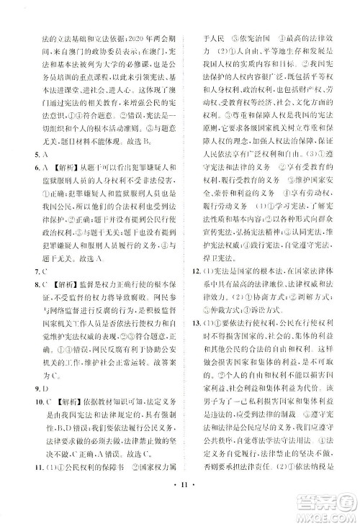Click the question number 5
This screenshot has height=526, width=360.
25,173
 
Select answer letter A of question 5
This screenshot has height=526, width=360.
34,173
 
